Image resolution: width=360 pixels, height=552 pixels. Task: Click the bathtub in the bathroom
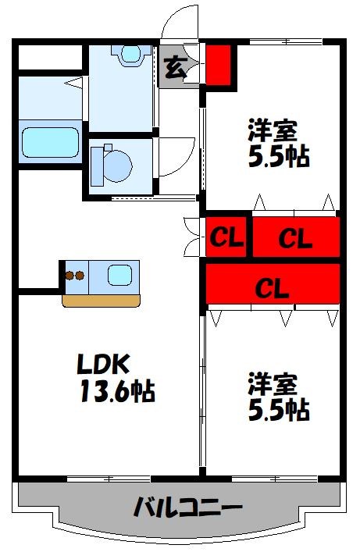[50, 143]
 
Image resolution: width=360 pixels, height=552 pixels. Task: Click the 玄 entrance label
[176, 67]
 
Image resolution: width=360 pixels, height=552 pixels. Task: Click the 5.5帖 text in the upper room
[278, 156]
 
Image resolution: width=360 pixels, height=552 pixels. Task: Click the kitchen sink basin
[119, 275]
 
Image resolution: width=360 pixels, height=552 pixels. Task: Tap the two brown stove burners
[74, 276]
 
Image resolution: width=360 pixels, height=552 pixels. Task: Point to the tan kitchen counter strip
[102, 300]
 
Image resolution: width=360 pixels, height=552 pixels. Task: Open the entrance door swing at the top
[180, 22]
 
